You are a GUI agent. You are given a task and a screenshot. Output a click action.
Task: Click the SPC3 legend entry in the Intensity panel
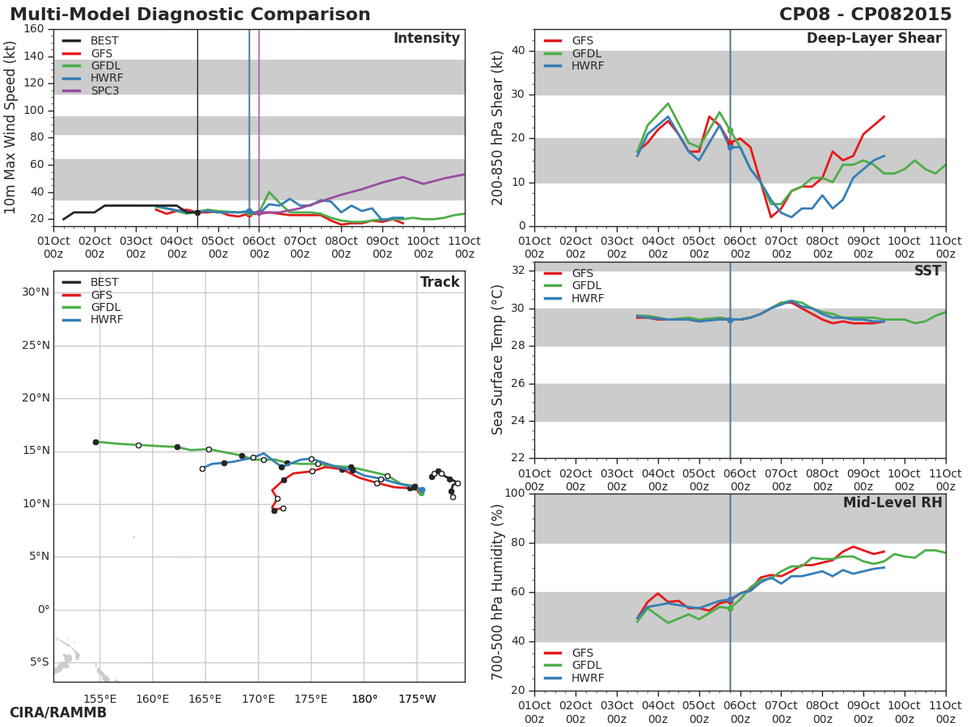tap(93, 90)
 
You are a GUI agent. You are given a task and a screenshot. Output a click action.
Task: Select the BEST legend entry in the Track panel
tap(91, 282)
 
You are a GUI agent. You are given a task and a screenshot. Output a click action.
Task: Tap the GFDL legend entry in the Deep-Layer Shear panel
tap(573, 53)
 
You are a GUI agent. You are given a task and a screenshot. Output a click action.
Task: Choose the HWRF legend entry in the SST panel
tap(574, 298)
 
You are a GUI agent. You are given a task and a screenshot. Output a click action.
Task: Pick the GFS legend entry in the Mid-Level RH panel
tap(569, 653)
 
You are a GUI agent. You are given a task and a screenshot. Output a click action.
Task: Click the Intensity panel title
tap(427, 39)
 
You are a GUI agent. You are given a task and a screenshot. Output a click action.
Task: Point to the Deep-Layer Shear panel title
tap(874, 39)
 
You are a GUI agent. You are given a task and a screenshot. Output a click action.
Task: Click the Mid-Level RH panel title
tap(892, 502)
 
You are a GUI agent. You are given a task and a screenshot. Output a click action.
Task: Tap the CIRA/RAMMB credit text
tap(58, 712)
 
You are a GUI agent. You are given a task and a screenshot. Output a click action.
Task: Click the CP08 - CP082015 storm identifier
tap(865, 14)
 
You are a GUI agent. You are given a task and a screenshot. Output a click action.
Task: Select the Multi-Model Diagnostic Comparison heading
tap(190, 14)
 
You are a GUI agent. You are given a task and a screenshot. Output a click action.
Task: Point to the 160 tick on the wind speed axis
tap(34, 29)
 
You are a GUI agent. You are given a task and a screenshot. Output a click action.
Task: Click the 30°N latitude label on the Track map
tap(36, 292)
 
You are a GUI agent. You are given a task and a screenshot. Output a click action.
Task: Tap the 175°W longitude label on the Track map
tap(417, 699)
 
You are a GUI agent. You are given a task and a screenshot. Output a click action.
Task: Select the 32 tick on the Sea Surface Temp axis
tap(518, 270)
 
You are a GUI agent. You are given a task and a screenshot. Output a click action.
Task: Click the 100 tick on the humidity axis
tap(515, 493)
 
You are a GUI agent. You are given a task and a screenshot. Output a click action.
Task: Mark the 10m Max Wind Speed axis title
tap(10, 128)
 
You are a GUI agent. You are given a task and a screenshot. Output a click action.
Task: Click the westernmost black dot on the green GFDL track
tap(95, 443)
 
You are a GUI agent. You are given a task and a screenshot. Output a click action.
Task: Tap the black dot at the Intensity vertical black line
tap(197, 212)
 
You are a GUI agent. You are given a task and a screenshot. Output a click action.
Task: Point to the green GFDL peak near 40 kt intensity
tap(269, 192)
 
